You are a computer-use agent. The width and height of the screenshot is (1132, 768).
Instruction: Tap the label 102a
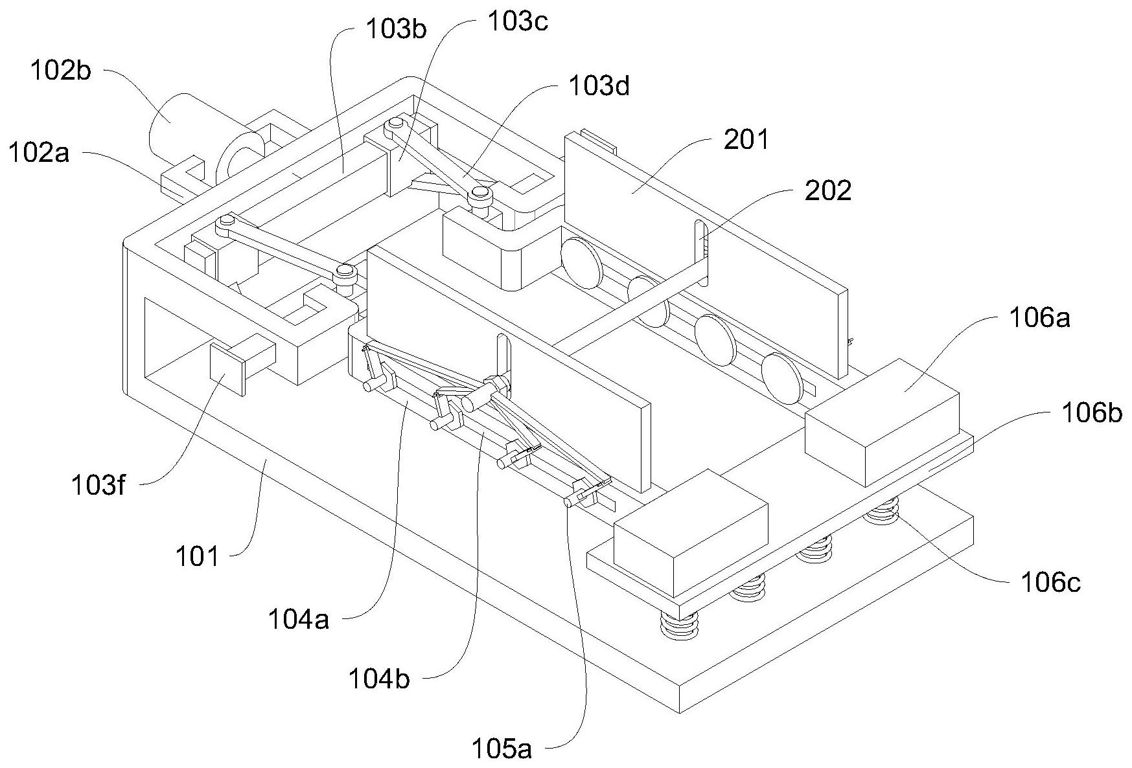point(39,154)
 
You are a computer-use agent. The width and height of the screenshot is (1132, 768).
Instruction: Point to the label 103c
point(518,21)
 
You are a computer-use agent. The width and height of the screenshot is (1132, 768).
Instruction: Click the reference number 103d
point(599,86)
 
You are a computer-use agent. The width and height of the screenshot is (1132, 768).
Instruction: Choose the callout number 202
point(827,190)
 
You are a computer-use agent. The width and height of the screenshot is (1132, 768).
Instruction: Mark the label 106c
point(1050,583)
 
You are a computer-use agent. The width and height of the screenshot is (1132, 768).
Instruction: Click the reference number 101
point(198,556)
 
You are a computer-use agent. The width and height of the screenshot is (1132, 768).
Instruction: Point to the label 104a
point(299,620)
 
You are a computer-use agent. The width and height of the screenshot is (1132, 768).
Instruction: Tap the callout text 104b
point(379,679)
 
